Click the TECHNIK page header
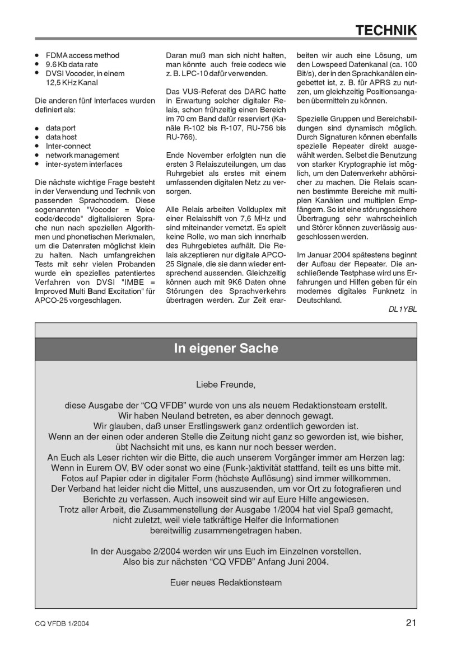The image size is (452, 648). tap(388, 30)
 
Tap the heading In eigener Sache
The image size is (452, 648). tap(226, 349)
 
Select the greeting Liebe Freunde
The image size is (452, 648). tap(226, 385)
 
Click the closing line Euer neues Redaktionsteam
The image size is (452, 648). tap(226, 582)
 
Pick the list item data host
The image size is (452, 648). tap(62, 137)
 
